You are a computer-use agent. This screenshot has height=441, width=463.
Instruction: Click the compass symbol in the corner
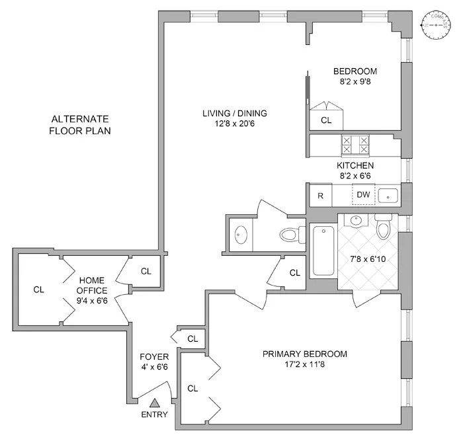point(435,25)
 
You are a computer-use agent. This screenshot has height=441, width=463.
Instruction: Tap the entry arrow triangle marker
point(155,402)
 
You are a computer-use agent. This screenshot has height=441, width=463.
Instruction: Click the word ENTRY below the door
point(155,415)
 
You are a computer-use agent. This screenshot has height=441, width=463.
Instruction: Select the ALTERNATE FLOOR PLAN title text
point(79,124)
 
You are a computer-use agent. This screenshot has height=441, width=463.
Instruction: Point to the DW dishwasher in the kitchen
point(363,194)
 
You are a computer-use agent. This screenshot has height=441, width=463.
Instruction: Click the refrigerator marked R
point(320,195)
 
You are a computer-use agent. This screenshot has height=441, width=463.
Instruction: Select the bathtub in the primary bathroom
point(323,251)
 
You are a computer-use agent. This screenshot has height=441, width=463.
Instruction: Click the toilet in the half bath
point(289,233)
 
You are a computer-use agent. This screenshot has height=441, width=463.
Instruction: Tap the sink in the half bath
point(239,233)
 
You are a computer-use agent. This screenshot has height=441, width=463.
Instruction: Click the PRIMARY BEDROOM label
point(304,354)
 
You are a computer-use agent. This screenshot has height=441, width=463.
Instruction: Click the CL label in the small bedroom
point(326,120)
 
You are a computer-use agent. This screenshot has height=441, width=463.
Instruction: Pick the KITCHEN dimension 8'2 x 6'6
point(355,177)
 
